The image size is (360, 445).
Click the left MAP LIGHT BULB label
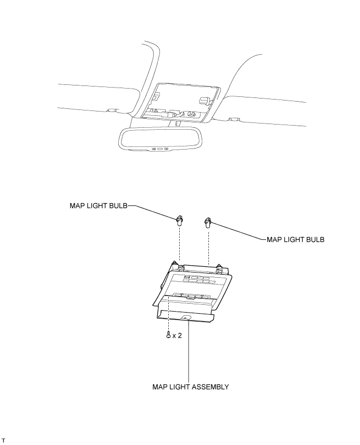click(x=98, y=205)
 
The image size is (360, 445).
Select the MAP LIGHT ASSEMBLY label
click(x=190, y=387)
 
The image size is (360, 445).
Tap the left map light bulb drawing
click(x=179, y=220)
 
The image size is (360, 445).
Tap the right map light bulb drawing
click(x=208, y=222)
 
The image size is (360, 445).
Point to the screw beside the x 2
click(x=168, y=336)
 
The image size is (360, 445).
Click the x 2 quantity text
click(x=177, y=336)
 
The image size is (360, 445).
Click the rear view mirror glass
click(x=160, y=139)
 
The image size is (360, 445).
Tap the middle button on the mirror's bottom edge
click(x=160, y=149)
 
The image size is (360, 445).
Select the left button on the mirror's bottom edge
click(x=155, y=149)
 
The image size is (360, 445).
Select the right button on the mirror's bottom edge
click(x=166, y=149)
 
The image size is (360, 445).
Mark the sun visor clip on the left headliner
click(x=111, y=110)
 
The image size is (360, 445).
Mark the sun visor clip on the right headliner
click(x=233, y=119)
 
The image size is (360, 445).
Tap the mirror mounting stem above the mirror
click(x=178, y=124)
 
